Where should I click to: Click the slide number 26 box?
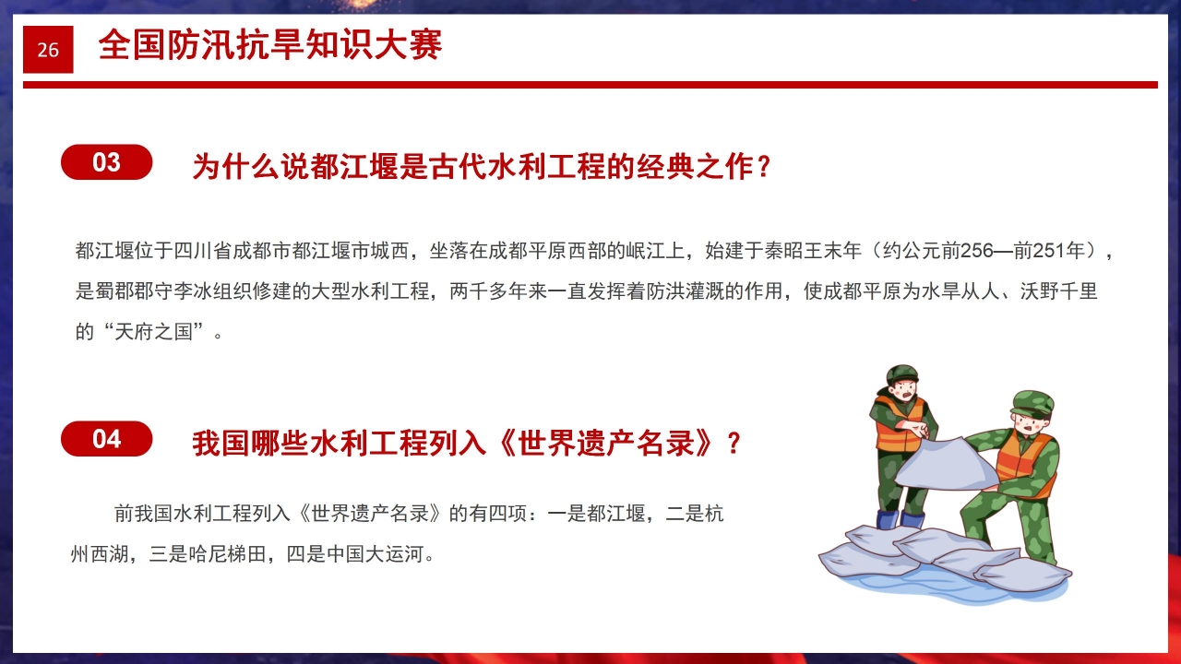[48, 50]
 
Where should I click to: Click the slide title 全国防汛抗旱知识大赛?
[269, 45]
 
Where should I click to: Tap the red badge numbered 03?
[107, 162]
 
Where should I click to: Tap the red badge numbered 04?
[107, 439]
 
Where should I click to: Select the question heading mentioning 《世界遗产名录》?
[467, 444]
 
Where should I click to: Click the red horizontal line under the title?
[590, 85]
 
